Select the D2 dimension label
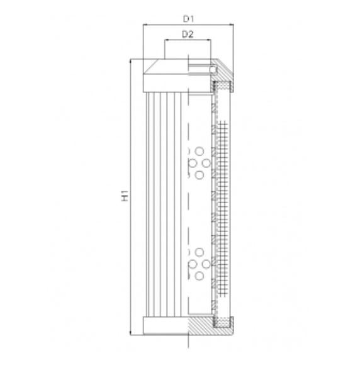click(x=187, y=35)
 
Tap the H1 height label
click(x=125, y=198)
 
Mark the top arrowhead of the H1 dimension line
click(x=131, y=61)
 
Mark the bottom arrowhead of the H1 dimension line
click(x=131, y=332)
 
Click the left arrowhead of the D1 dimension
click(x=145, y=25)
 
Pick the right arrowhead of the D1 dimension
click(x=233, y=25)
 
